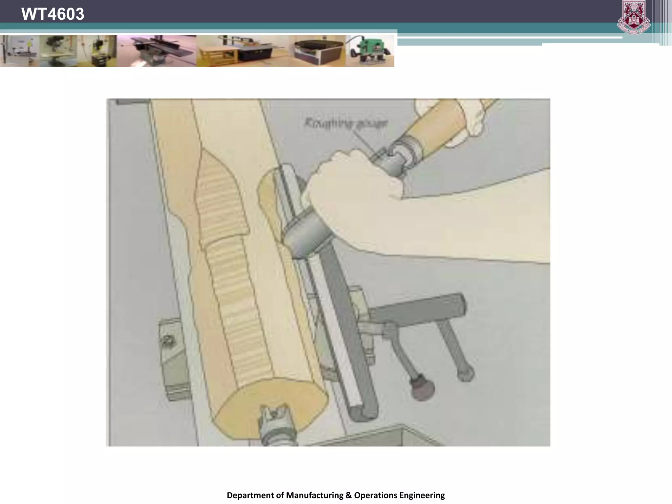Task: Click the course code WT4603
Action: [52, 14]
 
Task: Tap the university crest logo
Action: [633, 17]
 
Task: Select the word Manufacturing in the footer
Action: [314, 495]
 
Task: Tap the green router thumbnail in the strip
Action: [370, 51]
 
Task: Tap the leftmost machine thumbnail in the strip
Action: [20, 51]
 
